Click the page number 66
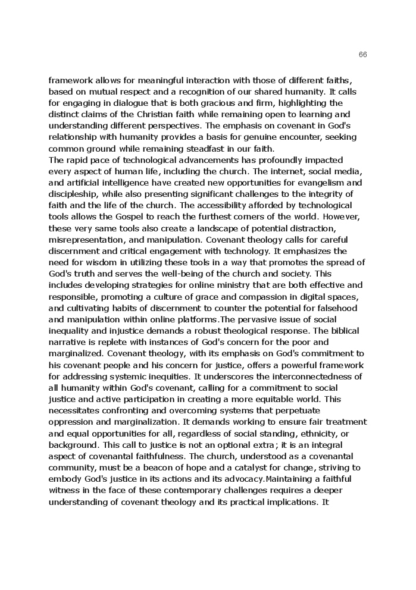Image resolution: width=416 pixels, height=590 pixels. click(x=363, y=55)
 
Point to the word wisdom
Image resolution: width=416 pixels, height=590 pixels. click(x=92, y=262)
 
